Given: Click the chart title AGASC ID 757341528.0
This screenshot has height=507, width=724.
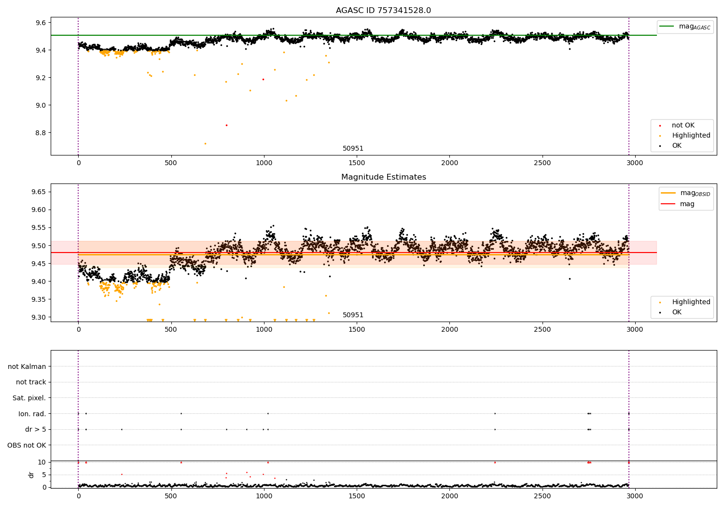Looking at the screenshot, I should [x=383, y=11].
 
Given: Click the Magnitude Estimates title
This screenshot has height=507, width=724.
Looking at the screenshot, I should [x=383, y=177].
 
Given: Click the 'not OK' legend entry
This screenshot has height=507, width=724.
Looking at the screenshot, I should [x=683, y=126].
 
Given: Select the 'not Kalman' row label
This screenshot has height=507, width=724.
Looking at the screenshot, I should [x=27, y=366].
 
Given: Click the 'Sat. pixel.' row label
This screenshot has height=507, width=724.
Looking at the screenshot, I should [x=29, y=398].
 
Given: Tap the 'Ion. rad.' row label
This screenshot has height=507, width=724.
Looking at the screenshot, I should [x=32, y=414].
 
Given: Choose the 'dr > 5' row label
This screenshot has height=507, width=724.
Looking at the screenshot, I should [x=35, y=429].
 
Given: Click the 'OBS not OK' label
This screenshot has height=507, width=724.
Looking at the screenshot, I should [x=27, y=445].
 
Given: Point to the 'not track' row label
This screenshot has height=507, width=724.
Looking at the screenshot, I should [x=31, y=382].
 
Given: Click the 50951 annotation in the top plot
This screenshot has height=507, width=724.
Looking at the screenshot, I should [x=353, y=149].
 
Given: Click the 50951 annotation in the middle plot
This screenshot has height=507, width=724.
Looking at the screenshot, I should [x=353, y=315].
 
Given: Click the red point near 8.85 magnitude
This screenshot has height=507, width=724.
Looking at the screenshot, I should [x=226, y=125].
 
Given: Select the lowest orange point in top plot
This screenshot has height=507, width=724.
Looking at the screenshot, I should [x=205, y=143].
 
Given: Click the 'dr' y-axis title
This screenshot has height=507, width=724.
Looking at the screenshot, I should [x=31, y=475].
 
